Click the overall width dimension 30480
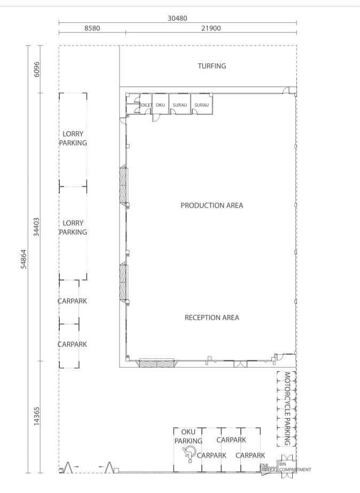[177, 18]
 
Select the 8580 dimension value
[92, 28]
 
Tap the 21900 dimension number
[211, 28]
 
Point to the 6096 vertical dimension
[37, 68]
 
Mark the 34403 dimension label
[37, 226]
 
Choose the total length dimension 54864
[24, 259]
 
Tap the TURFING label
[212, 66]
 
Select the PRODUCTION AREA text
[212, 206]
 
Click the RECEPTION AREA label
[212, 318]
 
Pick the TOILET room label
[146, 105]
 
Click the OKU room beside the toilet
[160, 105]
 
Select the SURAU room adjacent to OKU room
[179, 105]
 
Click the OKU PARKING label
[188, 436]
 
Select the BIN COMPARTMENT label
[294, 467]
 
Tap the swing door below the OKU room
[156, 118]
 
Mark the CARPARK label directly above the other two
[231, 440]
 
